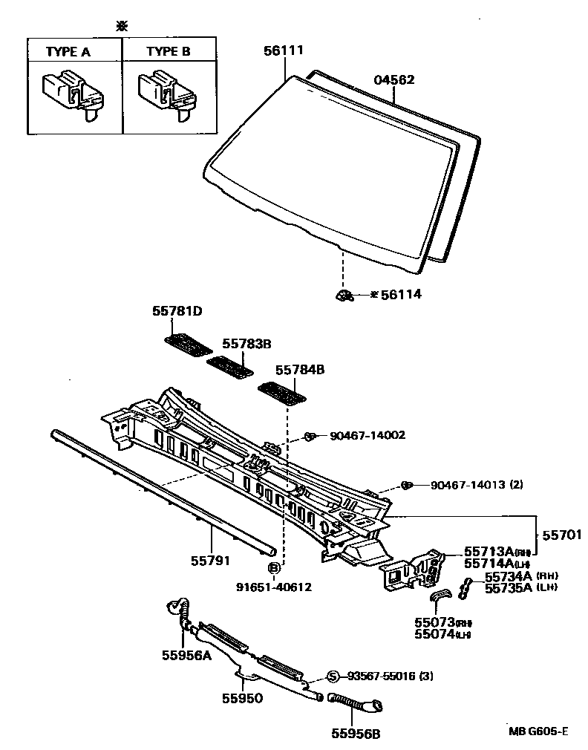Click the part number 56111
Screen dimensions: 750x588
(x=284, y=51)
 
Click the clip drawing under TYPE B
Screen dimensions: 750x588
(x=168, y=93)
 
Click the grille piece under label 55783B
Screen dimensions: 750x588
(x=229, y=366)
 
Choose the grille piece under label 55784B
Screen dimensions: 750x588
(x=281, y=393)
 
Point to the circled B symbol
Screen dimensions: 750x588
(x=274, y=569)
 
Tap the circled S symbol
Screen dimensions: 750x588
(x=333, y=676)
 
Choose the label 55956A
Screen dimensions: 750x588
(x=186, y=654)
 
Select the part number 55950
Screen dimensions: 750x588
(x=242, y=698)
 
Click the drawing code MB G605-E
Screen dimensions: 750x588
(x=538, y=731)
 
